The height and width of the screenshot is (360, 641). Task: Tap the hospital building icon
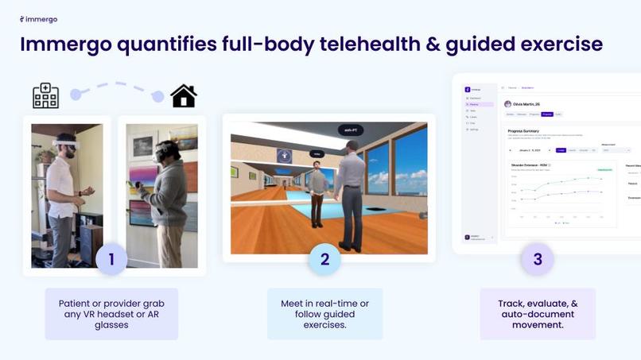point(45,95)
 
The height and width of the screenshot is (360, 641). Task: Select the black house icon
point(184,96)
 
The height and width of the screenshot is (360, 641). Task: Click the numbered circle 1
point(111,259)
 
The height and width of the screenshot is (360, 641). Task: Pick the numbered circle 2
point(324,259)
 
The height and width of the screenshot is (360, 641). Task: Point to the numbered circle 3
point(538,259)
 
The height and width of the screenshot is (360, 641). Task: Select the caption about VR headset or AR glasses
point(111,314)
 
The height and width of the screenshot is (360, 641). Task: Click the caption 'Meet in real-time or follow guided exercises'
point(324,314)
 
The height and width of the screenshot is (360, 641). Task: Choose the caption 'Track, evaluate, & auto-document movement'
point(538,314)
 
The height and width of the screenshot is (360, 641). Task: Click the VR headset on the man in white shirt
point(65,144)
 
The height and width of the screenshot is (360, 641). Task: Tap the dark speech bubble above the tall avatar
point(348,130)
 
